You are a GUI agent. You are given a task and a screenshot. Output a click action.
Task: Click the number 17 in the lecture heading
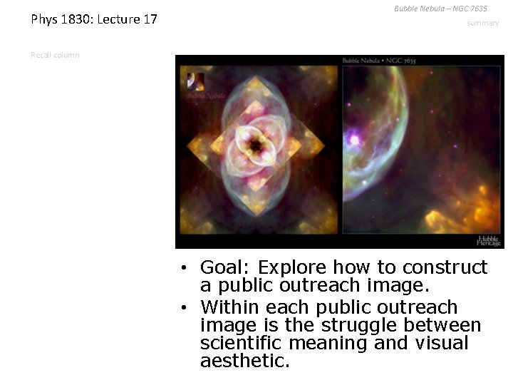point(149,19)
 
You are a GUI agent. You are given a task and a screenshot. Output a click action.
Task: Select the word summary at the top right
point(483,24)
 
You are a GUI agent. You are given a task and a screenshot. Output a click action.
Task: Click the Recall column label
point(55,55)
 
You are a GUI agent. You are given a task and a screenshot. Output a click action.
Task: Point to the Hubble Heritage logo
point(488,240)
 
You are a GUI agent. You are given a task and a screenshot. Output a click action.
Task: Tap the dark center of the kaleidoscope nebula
point(254,145)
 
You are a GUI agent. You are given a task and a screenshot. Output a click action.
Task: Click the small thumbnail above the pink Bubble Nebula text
point(196,81)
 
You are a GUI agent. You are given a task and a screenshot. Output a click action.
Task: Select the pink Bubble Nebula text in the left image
point(206,95)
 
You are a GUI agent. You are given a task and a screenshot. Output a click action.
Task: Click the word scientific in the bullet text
point(237,344)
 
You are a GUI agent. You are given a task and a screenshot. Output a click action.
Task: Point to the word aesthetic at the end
point(244,361)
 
